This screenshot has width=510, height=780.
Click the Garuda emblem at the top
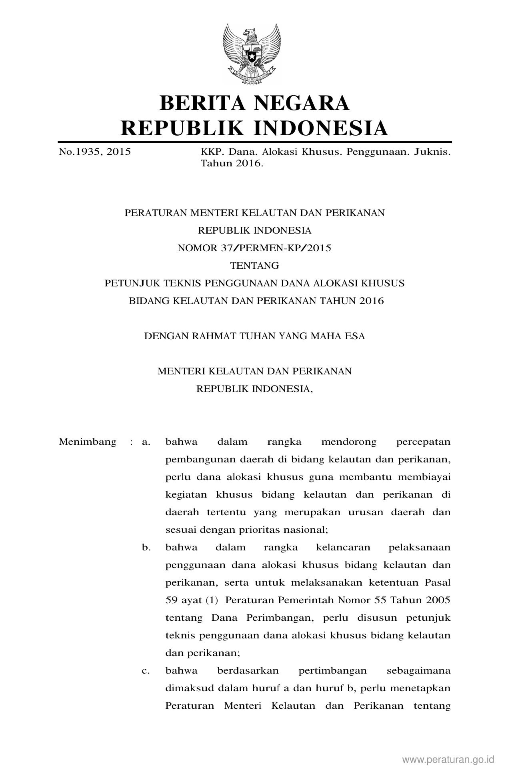(x=252, y=54)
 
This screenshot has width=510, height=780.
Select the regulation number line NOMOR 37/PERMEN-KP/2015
(x=254, y=248)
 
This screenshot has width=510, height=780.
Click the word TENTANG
(x=254, y=266)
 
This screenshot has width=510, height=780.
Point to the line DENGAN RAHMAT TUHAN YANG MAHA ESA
(x=254, y=336)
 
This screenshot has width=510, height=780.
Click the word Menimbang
(x=88, y=442)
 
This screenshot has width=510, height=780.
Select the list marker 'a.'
(x=146, y=442)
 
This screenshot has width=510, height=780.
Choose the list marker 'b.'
(x=146, y=548)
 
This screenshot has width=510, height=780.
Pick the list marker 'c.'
(x=146, y=671)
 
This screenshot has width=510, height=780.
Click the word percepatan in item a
(x=423, y=442)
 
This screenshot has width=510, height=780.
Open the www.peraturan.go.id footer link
(x=448, y=759)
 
